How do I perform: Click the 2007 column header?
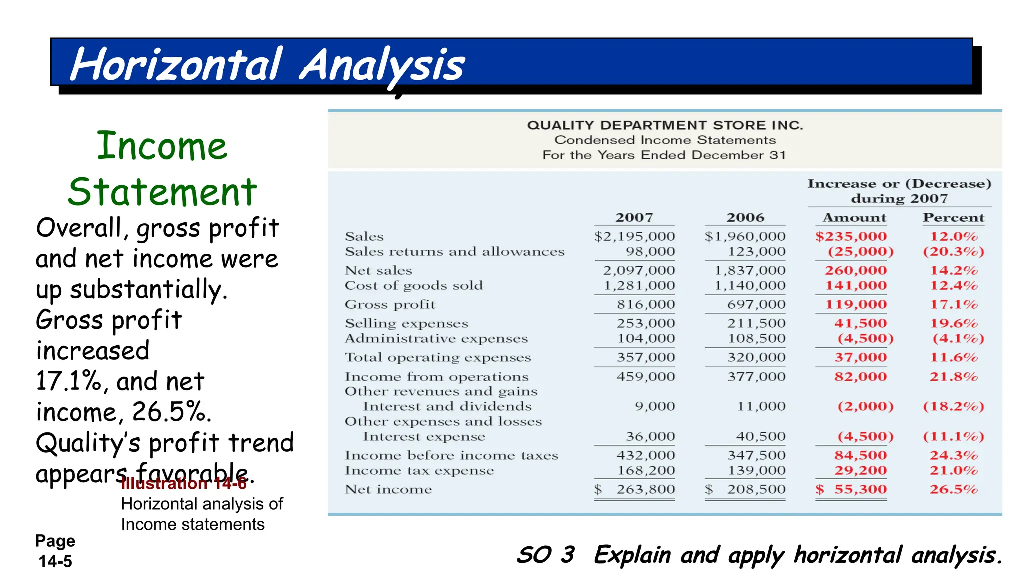pyautogui.click(x=634, y=218)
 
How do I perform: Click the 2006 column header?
pyautogui.click(x=745, y=218)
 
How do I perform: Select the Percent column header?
pyautogui.click(x=953, y=218)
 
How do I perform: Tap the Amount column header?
pyautogui.click(x=854, y=218)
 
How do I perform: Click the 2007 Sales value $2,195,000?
pyautogui.click(x=634, y=236)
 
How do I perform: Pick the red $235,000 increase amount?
pyautogui.click(x=851, y=236)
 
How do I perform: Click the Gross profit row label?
pyautogui.click(x=390, y=304)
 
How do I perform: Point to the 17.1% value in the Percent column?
pyautogui.click(x=953, y=304)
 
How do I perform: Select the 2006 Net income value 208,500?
pyautogui.click(x=756, y=489)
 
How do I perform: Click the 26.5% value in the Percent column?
pyautogui.click(x=953, y=489)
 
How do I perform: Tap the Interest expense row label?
pyautogui.click(x=424, y=437)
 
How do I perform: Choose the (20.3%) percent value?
pyautogui.click(x=953, y=252)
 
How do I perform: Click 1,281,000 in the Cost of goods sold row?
pyautogui.click(x=639, y=286)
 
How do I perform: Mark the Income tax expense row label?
pyautogui.click(x=419, y=471)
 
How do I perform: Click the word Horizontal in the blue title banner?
pyautogui.click(x=176, y=65)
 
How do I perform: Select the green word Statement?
pyautogui.click(x=162, y=192)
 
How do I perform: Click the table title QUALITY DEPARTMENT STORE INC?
pyautogui.click(x=665, y=125)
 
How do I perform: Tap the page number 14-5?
pyautogui.click(x=55, y=561)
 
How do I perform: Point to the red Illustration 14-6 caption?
pyautogui.click(x=184, y=484)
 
